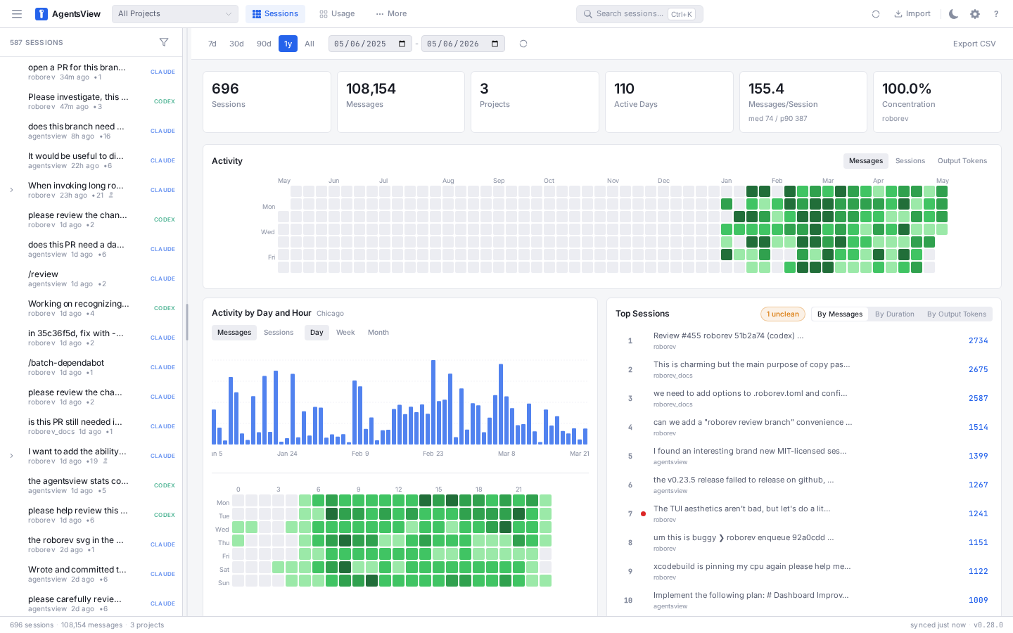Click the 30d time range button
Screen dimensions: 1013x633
[236, 44]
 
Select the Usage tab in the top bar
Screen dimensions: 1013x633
[337, 13]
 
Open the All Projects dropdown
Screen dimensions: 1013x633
[175, 13]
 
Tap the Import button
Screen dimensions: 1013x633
[912, 13]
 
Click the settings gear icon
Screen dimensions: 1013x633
[975, 14]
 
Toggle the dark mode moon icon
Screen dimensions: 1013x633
[953, 14]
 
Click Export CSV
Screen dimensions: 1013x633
[974, 44]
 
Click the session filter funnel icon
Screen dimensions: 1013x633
[164, 42]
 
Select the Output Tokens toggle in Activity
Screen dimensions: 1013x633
[962, 161]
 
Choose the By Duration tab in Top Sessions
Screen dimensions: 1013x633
[895, 314]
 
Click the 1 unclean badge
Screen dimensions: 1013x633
[783, 314]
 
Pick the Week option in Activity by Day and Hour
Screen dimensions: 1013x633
[345, 332]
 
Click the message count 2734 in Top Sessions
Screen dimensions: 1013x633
[978, 340]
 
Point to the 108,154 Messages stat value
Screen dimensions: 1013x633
[371, 89]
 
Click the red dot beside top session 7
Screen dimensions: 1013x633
[643, 513]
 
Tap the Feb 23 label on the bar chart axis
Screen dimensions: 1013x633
[433, 454]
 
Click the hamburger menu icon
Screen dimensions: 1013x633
[17, 14]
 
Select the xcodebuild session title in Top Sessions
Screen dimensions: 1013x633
[751, 567]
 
